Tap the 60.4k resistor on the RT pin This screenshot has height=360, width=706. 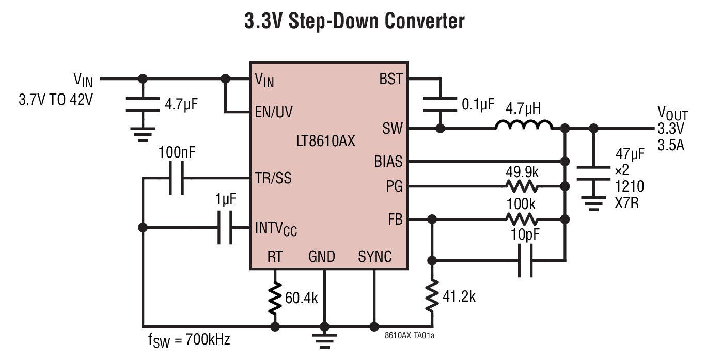click(275, 298)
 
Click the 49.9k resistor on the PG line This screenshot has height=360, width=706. click(522, 186)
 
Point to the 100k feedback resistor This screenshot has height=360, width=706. click(522, 219)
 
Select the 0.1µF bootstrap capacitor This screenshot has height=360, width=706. click(440, 104)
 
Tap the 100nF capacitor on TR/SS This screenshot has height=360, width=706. click(176, 178)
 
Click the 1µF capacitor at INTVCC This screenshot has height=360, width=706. click(225, 227)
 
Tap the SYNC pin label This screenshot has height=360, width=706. click(374, 257)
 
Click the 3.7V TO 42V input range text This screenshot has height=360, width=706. click(56, 99)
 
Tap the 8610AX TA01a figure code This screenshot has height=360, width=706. click(410, 335)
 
